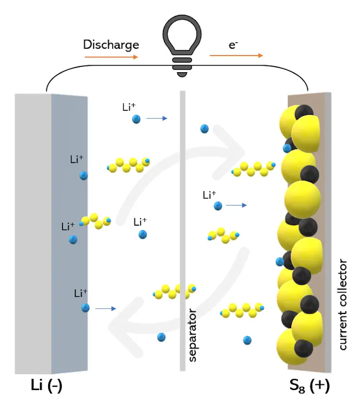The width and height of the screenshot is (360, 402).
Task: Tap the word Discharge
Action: pos(111,45)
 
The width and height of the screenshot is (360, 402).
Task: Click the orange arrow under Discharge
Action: pos(111,56)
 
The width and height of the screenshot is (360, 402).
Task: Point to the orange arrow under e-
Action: pos(236,55)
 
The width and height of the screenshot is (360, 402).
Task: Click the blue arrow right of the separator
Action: pos(236,205)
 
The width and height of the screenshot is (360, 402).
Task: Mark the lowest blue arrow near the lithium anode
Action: pos(106,309)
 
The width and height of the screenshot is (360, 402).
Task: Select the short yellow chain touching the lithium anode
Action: pos(96,221)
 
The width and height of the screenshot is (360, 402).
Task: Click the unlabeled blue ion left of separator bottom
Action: pos(161,337)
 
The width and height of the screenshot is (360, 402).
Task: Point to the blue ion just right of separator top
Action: pos(204,129)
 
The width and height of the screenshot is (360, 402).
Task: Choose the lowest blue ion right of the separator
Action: pos(247,340)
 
